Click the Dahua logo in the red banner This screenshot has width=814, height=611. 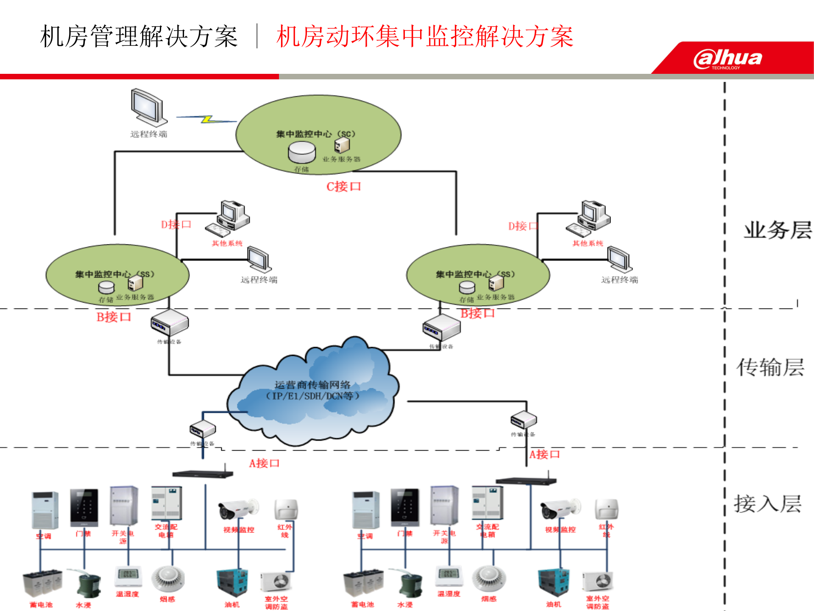coord(728,59)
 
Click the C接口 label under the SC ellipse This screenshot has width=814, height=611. coord(343,187)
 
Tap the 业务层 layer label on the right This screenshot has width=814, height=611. coord(778,230)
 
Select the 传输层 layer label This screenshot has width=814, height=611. coord(770,367)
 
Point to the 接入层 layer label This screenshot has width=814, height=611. coord(767,504)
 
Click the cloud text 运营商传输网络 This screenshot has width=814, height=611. coord(312,385)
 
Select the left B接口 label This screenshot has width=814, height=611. coord(114,317)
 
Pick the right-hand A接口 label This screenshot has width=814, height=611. coord(544,454)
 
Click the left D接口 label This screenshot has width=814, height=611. coord(176,224)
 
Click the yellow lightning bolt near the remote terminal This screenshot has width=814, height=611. coord(207,119)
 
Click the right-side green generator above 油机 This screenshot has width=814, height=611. coord(553,582)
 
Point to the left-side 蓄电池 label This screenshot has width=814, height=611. coord(41,605)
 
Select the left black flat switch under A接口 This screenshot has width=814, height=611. coord(203,474)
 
